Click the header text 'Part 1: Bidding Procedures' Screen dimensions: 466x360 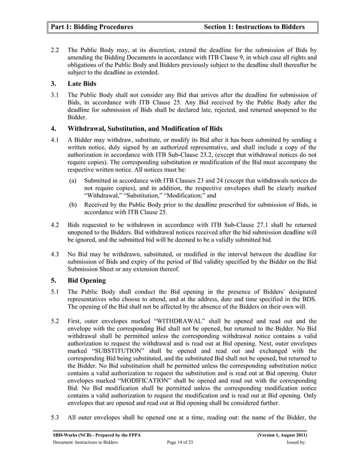[x=92, y=27]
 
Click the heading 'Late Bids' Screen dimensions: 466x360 [x=82, y=83]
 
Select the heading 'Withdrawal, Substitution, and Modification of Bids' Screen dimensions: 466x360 [x=145, y=128]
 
